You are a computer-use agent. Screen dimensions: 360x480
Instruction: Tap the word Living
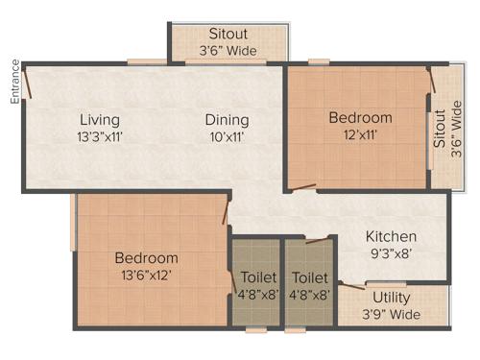[x=100, y=120]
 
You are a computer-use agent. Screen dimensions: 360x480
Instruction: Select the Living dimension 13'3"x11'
[x=100, y=136]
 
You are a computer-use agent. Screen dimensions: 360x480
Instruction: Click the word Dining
[x=227, y=120]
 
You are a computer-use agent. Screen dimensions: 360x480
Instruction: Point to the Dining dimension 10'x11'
[x=227, y=136]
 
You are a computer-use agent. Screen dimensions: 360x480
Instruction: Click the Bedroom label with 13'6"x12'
[x=146, y=258]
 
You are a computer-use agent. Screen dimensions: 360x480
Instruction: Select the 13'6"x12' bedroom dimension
[x=146, y=276]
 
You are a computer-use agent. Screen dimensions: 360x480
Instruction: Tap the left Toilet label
[x=254, y=277]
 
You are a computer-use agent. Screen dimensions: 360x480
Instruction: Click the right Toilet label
[x=309, y=277]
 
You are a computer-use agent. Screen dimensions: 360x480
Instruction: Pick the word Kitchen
[x=390, y=236]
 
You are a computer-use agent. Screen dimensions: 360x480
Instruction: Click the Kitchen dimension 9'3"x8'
[x=390, y=253]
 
